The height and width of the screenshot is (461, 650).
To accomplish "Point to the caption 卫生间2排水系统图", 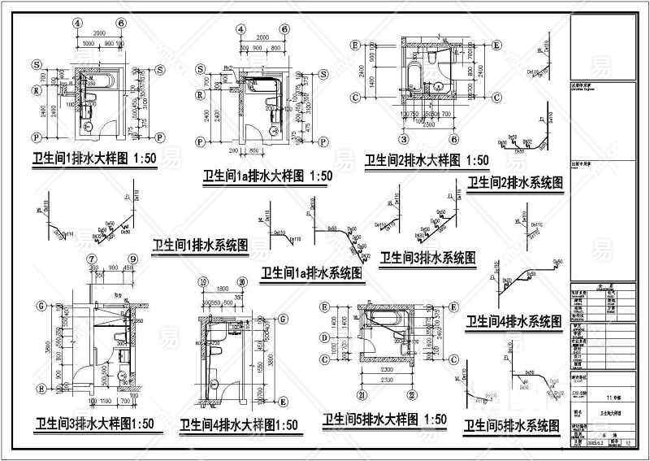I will coord(514,183).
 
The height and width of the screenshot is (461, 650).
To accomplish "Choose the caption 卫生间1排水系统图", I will coord(200,244).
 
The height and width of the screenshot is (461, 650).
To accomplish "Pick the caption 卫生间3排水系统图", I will coord(427,258).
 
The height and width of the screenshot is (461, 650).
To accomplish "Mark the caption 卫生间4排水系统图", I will coord(513,322).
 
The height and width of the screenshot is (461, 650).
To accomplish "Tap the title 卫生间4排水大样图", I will coord(239,425).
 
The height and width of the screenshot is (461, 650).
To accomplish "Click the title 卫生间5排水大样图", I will coord(384,420).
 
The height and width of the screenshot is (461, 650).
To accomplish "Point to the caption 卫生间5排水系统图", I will coord(513,425).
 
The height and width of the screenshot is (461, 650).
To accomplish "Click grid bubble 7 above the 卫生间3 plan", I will coord(89,259).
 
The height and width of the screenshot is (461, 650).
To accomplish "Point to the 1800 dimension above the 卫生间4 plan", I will coord(223,286).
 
